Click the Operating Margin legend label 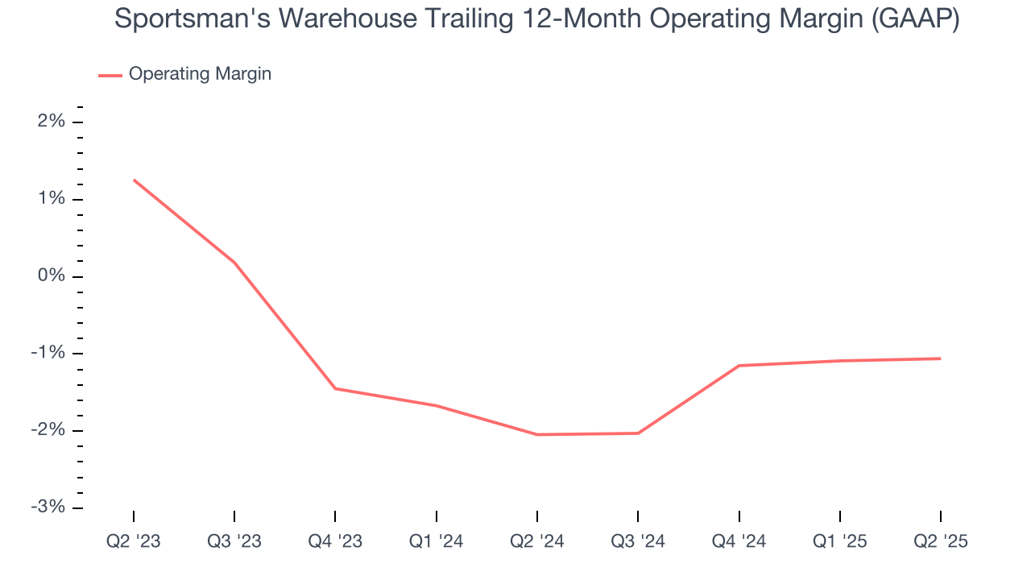[200, 74]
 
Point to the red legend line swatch [110, 75]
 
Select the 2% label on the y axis [52, 122]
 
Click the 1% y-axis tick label [52, 200]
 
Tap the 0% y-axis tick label [51, 276]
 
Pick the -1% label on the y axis [48, 354]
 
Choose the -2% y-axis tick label [48, 430]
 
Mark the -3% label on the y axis [48, 507]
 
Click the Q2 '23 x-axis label [134, 541]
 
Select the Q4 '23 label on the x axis [335, 541]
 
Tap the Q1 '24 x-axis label [436, 541]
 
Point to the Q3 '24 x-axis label [638, 541]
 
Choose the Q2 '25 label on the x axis [941, 541]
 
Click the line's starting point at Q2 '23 [134, 180]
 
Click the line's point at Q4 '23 [335, 388]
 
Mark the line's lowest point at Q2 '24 [537, 435]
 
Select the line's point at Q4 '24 [739, 366]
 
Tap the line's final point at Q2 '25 [941, 358]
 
